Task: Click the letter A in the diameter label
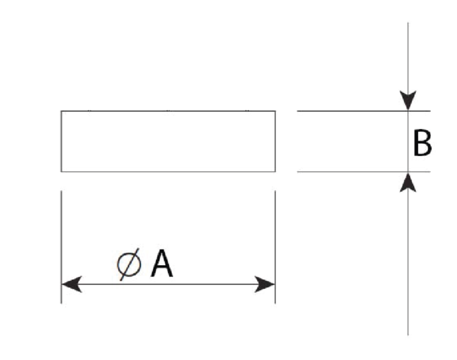click(x=162, y=265)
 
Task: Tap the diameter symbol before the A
click(x=129, y=265)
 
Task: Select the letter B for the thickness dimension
click(x=422, y=144)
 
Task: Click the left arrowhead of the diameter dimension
click(x=71, y=285)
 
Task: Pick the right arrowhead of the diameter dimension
click(x=266, y=285)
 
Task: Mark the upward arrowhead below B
click(x=408, y=182)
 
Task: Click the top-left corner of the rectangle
click(x=61, y=111)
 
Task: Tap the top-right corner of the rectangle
click(x=275, y=111)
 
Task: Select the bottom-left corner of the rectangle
click(x=61, y=171)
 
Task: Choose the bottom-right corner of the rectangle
click(x=275, y=171)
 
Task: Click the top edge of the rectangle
click(x=169, y=111)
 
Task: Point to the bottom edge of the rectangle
click(x=169, y=171)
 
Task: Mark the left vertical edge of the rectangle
click(x=61, y=141)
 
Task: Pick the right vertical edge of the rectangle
click(x=275, y=141)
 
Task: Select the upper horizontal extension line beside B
click(x=350, y=111)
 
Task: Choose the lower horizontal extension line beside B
click(x=350, y=171)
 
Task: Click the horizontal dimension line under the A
click(x=187, y=285)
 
